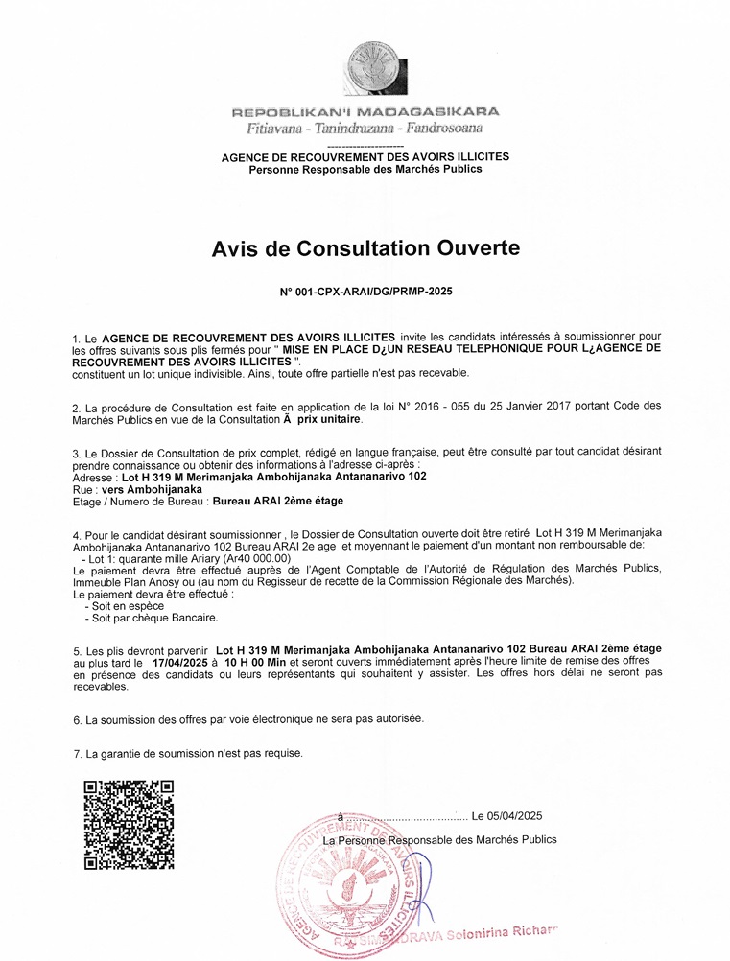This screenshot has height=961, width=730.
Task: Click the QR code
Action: [129, 824]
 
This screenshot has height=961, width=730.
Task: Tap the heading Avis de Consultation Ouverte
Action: [365, 249]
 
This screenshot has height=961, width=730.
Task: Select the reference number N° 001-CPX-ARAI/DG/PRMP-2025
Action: [365, 290]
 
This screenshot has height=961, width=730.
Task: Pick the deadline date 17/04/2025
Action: [179, 662]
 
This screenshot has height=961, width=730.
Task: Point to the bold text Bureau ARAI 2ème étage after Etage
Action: [277, 501]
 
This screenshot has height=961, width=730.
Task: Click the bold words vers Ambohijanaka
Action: [148, 488]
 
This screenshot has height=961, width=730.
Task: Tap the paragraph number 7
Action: [77, 753]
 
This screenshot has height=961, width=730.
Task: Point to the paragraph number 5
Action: [77, 649]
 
